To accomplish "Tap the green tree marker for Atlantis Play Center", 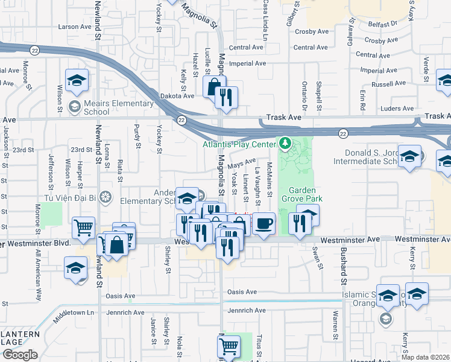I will point(285,144).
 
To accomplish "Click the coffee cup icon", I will point(263,223).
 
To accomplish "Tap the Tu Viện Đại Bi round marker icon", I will point(106,197).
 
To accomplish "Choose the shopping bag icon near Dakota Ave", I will point(214,86).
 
